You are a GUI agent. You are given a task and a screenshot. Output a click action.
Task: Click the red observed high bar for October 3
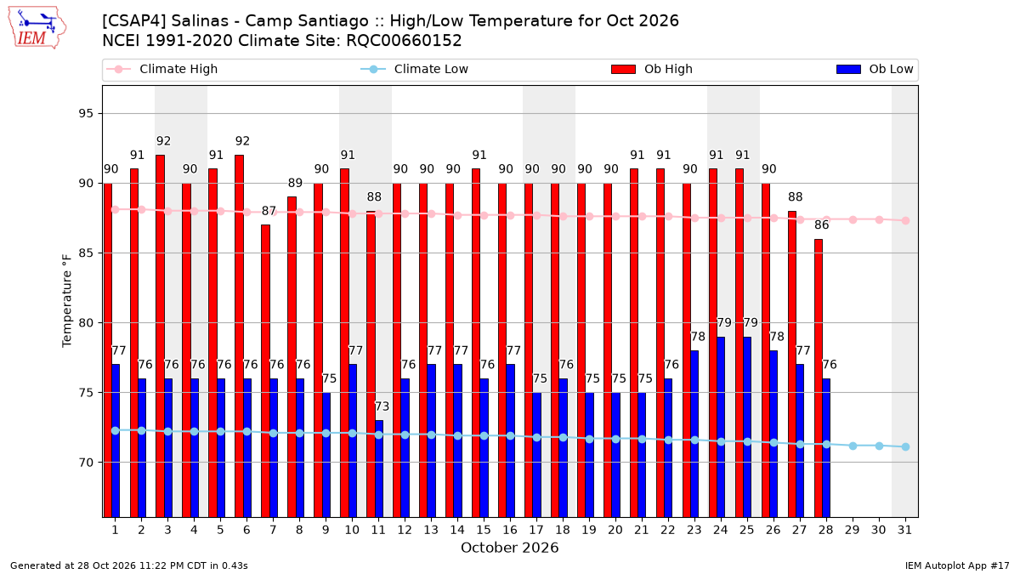(161, 336)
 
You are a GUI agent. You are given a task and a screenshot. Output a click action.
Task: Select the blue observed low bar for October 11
(379, 469)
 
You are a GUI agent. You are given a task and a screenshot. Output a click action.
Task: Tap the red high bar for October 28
(819, 378)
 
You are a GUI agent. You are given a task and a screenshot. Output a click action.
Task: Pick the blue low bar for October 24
(721, 427)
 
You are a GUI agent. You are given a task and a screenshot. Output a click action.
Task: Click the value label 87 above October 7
(269, 211)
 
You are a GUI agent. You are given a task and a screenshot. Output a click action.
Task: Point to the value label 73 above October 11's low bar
(382, 406)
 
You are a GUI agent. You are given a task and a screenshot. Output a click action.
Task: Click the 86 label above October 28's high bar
(821, 225)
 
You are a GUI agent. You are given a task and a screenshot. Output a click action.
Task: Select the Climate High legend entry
(162, 69)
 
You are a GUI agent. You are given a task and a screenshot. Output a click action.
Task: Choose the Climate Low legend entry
(415, 69)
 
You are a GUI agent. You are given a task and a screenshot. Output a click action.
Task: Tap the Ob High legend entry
(652, 69)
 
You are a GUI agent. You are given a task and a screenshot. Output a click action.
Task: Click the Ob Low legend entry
(875, 69)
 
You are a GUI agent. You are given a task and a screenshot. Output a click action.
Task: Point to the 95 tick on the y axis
(86, 113)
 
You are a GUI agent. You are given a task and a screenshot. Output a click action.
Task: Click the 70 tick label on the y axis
(86, 463)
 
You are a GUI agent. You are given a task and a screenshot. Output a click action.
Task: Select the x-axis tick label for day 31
(904, 531)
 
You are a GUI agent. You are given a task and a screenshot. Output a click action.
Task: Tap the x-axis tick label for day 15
(484, 531)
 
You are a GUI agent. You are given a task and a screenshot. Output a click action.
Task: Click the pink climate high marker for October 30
(879, 219)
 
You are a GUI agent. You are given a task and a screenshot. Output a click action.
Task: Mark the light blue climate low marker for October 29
(853, 446)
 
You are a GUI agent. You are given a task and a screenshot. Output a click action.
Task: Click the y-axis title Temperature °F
(67, 301)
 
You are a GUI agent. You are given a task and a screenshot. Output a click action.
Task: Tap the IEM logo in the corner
(37, 28)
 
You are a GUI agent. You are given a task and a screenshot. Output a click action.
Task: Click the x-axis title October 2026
(509, 548)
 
